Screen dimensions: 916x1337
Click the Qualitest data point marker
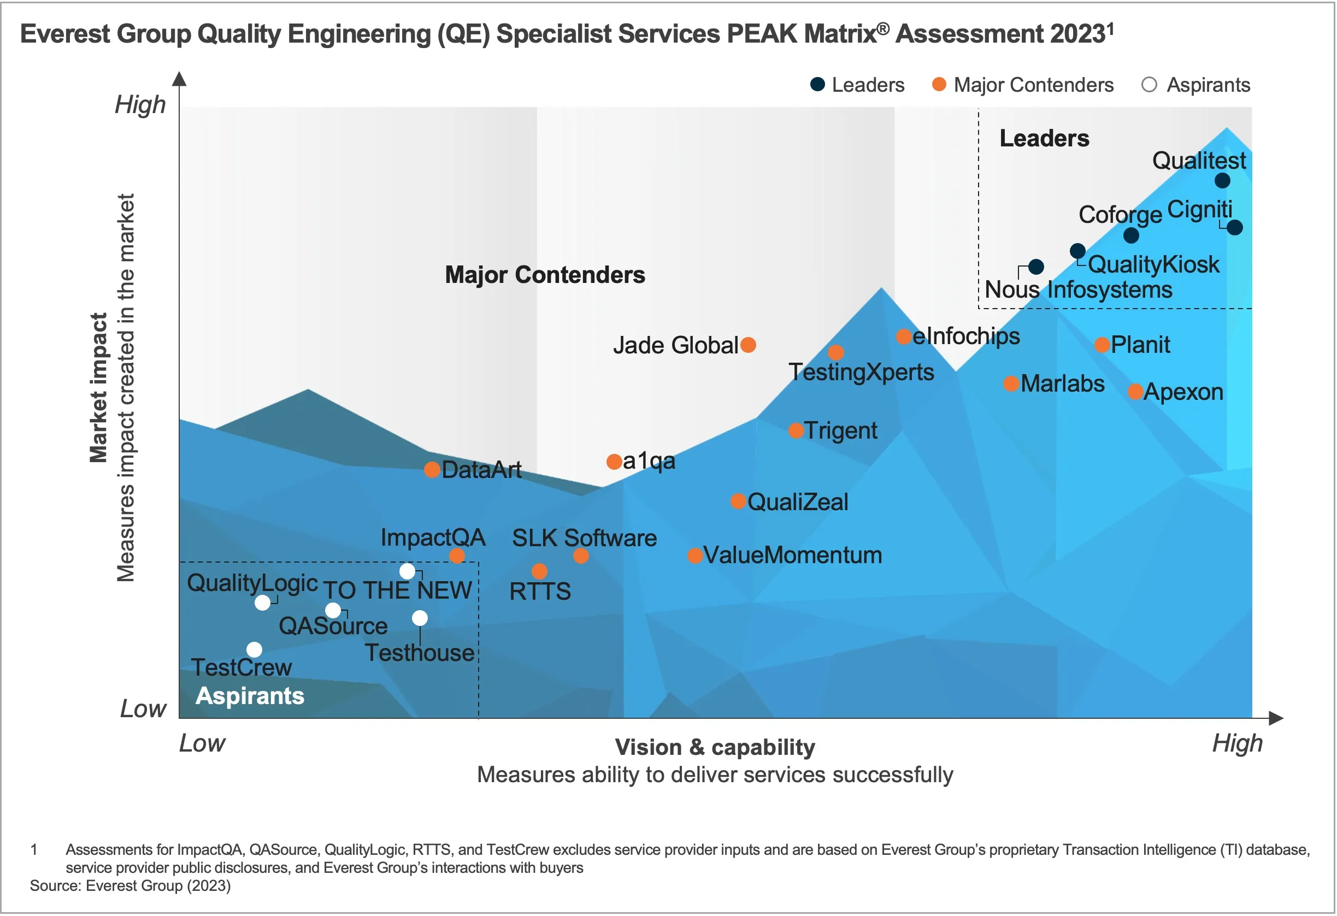click(1222, 181)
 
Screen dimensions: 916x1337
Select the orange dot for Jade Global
click(748, 345)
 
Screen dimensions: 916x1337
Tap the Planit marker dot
click(1102, 345)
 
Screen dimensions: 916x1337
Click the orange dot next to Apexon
click(1135, 392)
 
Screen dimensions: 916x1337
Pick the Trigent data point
click(796, 430)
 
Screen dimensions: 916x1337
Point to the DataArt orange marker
click(432, 470)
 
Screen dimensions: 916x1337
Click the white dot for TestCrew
click(254, 650)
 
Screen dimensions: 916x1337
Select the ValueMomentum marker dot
click(695, 555)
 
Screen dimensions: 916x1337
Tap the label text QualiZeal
click(797, 502)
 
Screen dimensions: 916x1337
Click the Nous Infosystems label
click(1078, 290)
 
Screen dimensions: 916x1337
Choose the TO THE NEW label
click(397, 590)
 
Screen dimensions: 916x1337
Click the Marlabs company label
click(1062, 383)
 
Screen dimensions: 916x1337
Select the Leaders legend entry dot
click(817, 85)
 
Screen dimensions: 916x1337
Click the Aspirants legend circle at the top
click(1149, 85)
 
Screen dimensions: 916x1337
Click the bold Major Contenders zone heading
click(545, 275)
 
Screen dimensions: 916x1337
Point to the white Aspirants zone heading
click(250, 696)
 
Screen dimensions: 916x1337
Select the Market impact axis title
click(98, 388)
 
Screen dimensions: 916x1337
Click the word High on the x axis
click(1237, 743)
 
